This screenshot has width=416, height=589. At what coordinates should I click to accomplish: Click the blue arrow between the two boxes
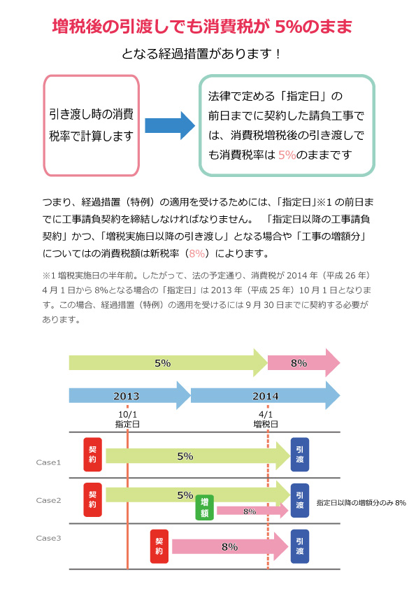170,125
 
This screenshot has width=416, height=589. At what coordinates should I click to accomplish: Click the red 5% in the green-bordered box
287,155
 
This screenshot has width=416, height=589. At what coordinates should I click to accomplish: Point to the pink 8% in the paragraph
197,253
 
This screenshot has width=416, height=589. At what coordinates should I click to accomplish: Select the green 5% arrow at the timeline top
168,363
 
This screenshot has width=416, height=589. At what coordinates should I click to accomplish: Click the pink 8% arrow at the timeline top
303,363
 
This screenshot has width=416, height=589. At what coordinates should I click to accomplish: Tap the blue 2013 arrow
129,395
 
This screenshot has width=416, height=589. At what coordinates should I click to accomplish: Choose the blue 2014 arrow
265,395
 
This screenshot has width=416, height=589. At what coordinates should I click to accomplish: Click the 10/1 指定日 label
127,419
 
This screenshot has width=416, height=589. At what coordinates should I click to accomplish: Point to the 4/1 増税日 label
266,419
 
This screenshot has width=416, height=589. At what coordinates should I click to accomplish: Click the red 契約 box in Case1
93,455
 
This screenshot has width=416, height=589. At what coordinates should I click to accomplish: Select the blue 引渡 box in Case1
300,455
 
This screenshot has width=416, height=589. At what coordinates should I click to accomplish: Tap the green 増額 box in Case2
205,507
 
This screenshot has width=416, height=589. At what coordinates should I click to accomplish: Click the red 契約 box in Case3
159,546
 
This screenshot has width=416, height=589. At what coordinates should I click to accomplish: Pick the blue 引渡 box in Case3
300,546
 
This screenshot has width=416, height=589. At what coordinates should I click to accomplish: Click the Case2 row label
48,500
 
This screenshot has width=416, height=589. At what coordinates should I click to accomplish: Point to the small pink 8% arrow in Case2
252,511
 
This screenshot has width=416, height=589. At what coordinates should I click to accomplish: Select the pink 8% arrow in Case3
230,546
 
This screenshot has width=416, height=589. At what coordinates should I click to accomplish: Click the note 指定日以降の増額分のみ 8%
361,502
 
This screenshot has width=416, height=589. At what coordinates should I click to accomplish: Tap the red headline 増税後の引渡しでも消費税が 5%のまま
202,27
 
